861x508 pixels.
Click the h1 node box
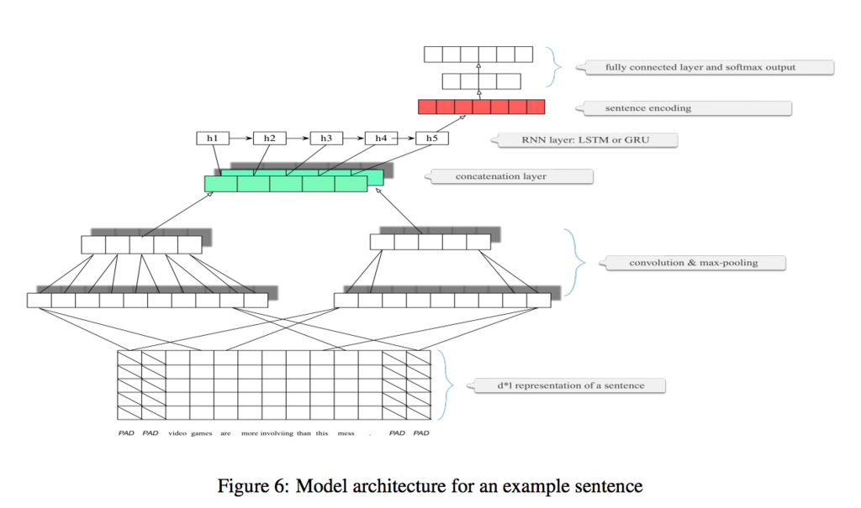[213, 139]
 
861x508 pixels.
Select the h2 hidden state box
[270, 139]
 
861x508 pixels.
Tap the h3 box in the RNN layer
[326, 139]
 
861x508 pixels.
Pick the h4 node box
[381, 139]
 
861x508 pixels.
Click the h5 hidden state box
[432, 139]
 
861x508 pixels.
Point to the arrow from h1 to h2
[241, 139]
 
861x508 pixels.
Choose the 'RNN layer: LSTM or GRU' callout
[584, 140]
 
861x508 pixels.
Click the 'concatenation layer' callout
[509, 176]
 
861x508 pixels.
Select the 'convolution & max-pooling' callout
[693, 263]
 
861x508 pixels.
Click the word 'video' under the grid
[177, 433]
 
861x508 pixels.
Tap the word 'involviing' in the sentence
[277, 433]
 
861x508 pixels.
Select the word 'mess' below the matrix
[346, 433]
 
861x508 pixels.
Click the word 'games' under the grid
[202, 433]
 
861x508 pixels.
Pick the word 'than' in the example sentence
[304, 433]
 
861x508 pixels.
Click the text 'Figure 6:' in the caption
[253, 487]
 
